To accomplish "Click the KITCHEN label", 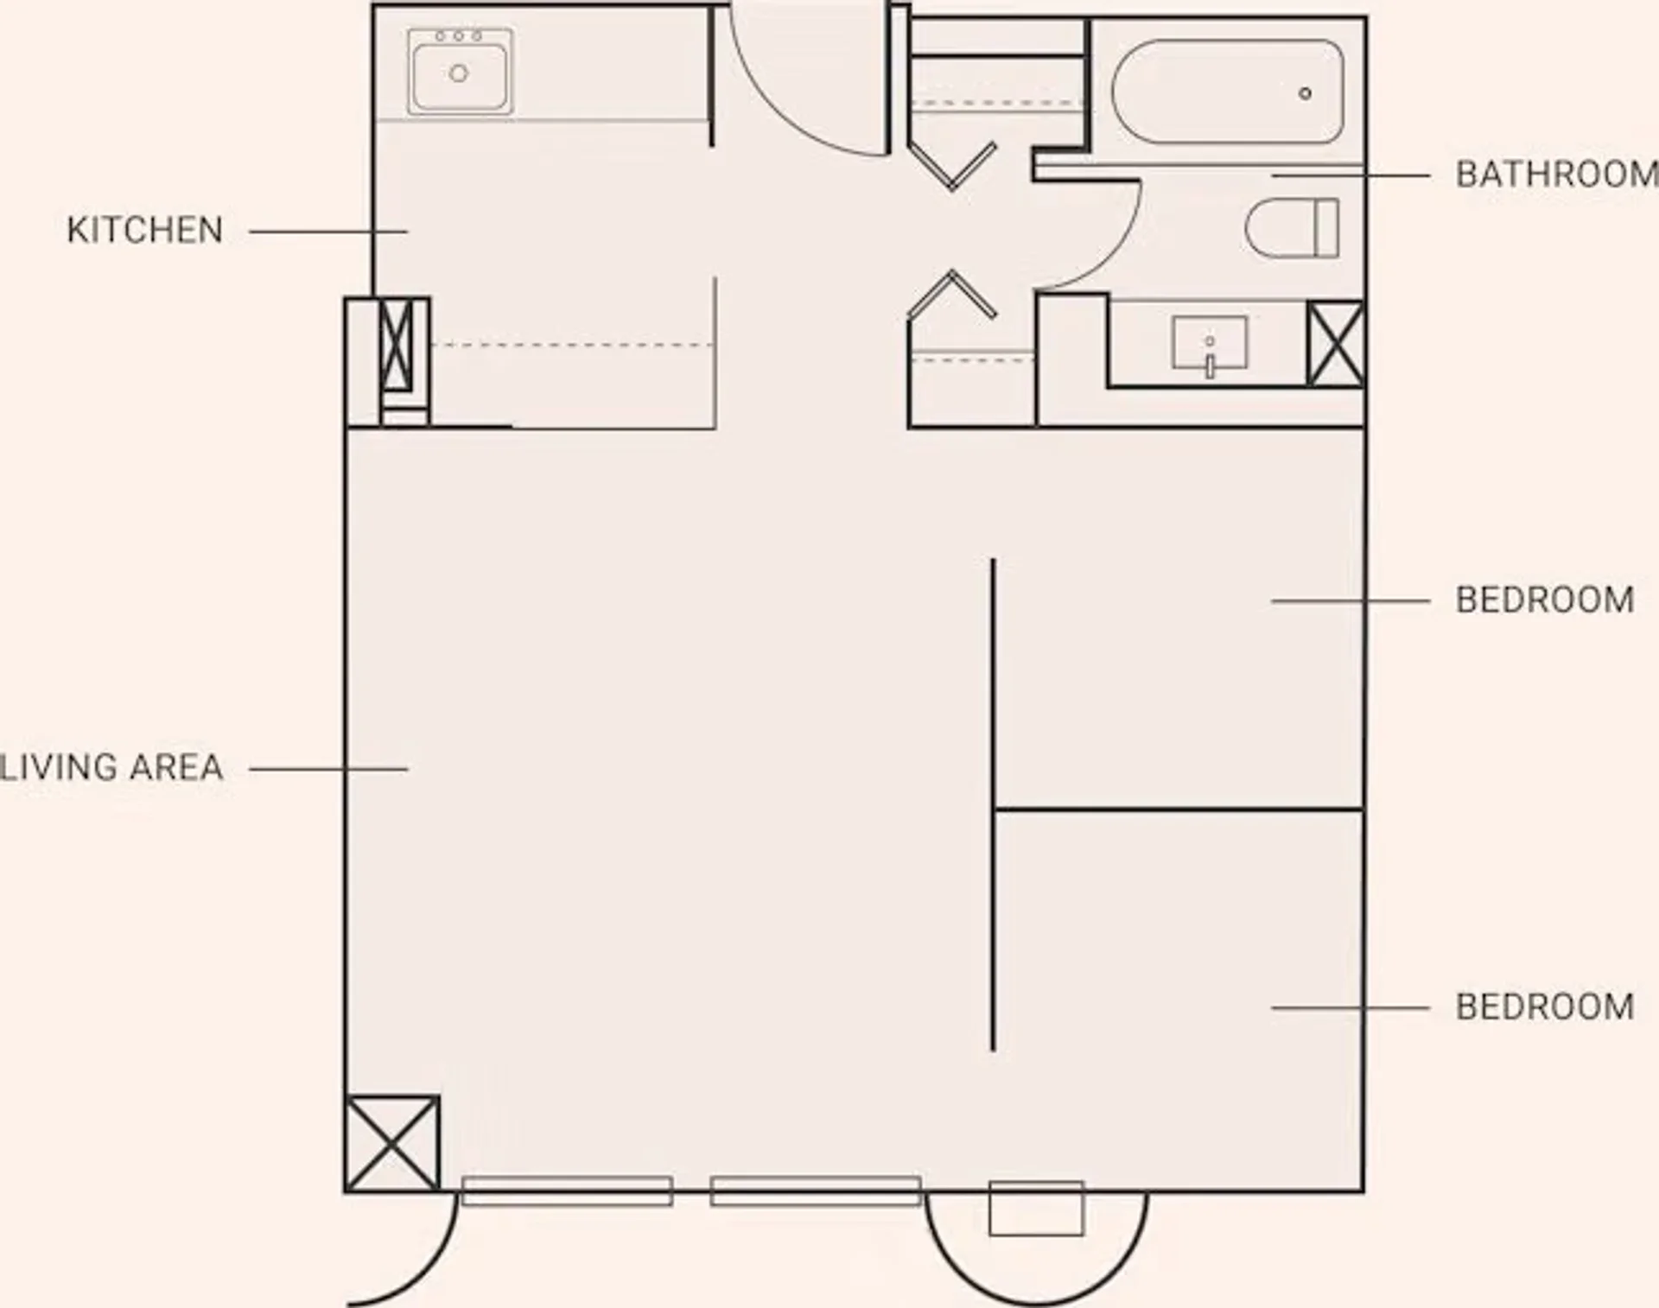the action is click(145, 231).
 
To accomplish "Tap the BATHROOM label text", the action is click(1557, 175).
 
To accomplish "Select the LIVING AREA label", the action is click(111, 767).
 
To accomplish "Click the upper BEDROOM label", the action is click(1545, 600).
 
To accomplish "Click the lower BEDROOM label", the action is click(1545, 1007).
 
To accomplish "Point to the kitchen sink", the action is click(460, 72).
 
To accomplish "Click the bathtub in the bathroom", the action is click(1227, 92).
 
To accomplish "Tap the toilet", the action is click(1292, 228).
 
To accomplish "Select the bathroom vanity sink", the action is click(1209, 345).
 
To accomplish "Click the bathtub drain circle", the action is click(1305, 93).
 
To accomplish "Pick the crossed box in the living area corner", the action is click(392, 1143).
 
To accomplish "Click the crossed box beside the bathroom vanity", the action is click(1335, 343).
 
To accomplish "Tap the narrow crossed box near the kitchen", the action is click(397, 345).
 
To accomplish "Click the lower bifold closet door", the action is click(952, 295).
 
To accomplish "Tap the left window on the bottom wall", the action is click(567, 1190).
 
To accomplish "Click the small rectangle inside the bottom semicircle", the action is click(1036, 1208).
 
